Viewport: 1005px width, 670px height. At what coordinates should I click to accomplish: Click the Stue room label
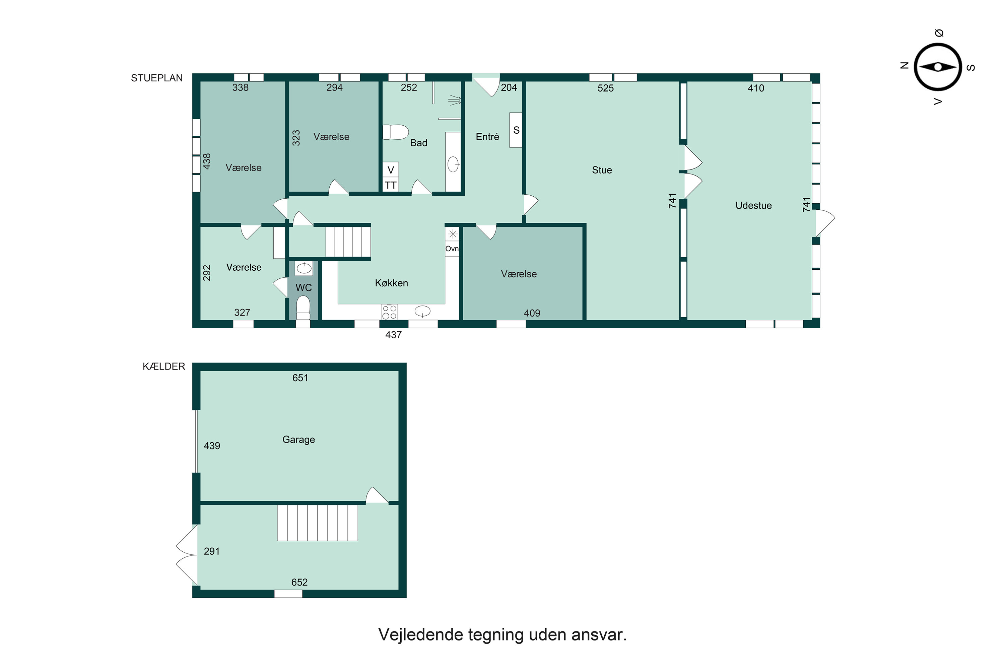click(x=602, y=170)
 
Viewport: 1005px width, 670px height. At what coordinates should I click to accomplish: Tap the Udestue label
click(x=753, y=206)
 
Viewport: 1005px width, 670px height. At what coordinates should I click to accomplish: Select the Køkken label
click(x=391, y=283)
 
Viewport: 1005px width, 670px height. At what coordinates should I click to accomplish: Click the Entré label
click(x=487, y=137)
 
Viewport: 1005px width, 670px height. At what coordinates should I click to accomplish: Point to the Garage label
click(x=299, y=439)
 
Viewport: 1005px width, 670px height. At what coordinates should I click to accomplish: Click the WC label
click(x=304, y=287)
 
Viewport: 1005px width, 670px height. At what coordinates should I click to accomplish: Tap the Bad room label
click(x=418, y=143)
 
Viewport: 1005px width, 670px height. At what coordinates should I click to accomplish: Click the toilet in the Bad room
click(x=395, y=132)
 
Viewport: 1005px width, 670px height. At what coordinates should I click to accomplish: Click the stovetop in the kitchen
click(x=389, y=312)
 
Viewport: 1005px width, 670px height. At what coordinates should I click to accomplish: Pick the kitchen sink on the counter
click(x=422, y=312)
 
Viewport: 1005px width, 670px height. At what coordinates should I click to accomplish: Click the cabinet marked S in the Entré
click(x=516, y=130)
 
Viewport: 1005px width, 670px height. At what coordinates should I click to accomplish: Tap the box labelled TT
click(x=391, y=185)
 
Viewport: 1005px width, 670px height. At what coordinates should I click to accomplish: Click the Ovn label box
click(x=452, y=249)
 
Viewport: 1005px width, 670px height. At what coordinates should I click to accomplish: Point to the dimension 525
click(x=605, y=88)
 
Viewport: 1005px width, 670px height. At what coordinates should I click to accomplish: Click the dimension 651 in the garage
click(x=300, y=378)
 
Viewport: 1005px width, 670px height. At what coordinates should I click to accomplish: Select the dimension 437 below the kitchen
click(x=394, y=335)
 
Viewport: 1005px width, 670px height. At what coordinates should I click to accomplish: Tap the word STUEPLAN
click(x=157, y=78)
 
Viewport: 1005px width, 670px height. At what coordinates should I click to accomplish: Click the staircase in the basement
click(x=318, y=523)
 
